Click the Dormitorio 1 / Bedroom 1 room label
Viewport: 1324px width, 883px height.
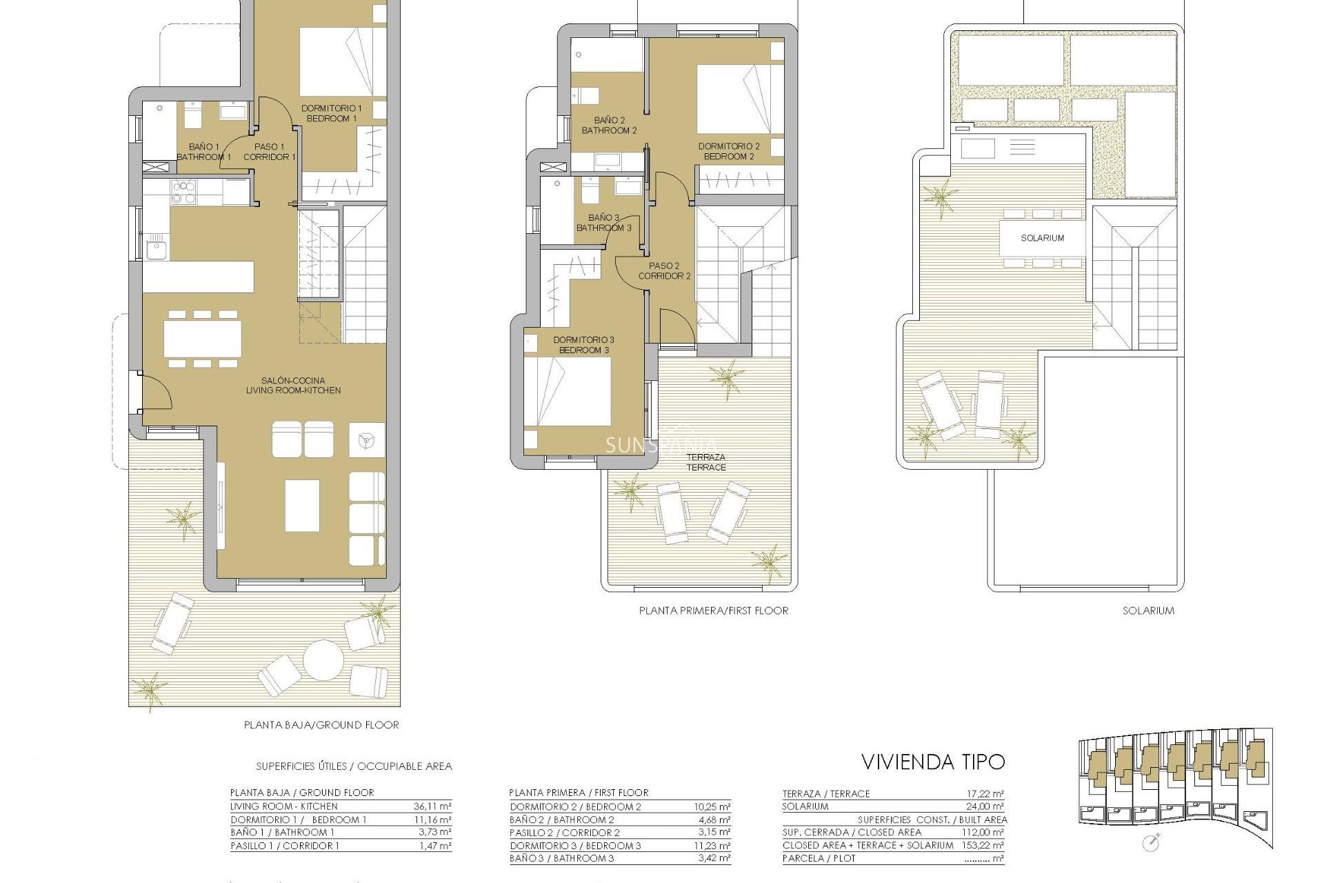point(331,113)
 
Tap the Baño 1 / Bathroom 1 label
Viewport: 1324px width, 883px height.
point(203,152)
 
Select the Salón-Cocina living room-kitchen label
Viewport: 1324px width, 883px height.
point(293,385)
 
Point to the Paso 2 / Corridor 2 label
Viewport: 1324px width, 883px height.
point(664,270)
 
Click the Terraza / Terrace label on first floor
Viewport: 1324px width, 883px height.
point(705,462)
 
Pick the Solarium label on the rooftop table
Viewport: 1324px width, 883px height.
point(1042,238)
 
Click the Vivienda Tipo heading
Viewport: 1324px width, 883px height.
point(932,762)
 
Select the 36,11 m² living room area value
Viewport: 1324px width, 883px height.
point(432,806)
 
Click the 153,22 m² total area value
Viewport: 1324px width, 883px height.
point(982,845)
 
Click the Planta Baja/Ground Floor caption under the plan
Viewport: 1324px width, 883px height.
point(321,725)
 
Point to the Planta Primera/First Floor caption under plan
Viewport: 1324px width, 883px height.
point(713,611)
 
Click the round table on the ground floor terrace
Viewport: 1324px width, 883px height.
point(323,659)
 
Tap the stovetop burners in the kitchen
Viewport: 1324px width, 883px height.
point(183,192)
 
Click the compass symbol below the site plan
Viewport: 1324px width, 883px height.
point(1150,843)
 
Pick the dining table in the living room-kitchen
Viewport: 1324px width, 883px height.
point(202,339)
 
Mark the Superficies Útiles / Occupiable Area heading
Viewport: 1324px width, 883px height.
point(354,766)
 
